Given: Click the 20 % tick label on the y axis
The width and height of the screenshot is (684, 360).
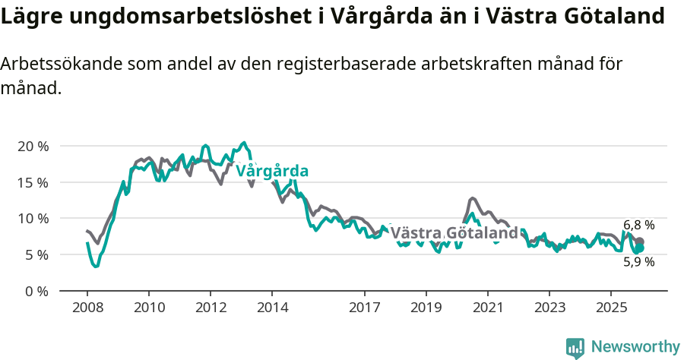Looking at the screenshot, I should coord(32,146).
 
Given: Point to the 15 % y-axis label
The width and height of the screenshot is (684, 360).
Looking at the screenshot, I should coord(32,182).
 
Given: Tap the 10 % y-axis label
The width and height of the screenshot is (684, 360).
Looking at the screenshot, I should coord(32,219).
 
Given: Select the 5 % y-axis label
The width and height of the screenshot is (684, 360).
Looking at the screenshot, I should coord(36,255).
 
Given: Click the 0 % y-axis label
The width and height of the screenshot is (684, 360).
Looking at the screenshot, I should coord(36,291).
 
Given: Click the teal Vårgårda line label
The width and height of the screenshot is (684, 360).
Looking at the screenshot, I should coord(271,171).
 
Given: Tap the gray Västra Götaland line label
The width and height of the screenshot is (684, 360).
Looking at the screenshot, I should coord(454,232).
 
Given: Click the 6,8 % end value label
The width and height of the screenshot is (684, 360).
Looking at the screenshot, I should coord(638,225).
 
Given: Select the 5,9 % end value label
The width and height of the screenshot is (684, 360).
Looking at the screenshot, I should coord(638,262).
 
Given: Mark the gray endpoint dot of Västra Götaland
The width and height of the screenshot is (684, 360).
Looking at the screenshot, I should coord(640,242).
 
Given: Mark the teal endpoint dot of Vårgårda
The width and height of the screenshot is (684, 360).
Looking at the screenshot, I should coord(640,248).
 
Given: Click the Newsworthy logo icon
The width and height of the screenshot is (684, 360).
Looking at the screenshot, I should coord(575,348).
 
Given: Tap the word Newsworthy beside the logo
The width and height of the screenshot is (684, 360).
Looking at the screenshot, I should coord(635,347).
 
